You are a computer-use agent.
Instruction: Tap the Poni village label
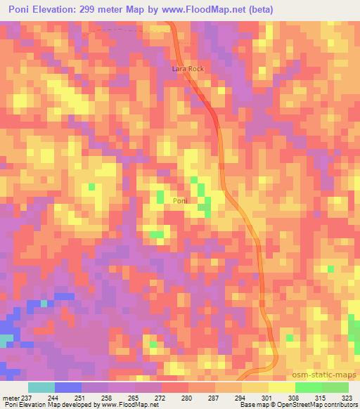(180, 201)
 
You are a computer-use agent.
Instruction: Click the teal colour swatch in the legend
(41, 387)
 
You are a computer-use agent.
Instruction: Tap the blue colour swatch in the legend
(68, 387)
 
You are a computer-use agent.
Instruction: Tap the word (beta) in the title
(257, 10)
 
